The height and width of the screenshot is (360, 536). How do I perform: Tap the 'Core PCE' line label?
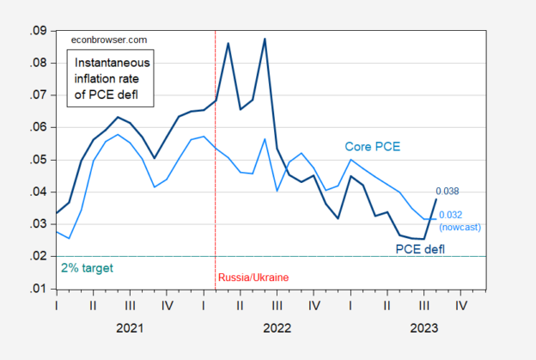point(375,147)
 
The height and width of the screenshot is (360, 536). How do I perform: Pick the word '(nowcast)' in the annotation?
point(459,227)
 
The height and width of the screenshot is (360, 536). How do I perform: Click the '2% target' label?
point(87,268)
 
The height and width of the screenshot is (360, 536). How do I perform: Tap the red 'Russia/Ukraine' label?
point(253,278)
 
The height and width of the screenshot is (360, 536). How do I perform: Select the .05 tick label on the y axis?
point(40,160)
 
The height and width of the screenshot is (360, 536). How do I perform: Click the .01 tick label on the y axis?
point(40,290)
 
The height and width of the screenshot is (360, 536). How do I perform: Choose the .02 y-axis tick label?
point(40,257)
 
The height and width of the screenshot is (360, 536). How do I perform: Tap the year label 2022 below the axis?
point(277,327)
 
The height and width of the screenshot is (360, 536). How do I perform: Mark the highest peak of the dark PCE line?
point(265,39)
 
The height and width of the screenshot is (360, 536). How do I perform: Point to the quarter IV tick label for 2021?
point(166,304)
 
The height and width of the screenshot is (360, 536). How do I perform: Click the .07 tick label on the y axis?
point(40,95)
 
